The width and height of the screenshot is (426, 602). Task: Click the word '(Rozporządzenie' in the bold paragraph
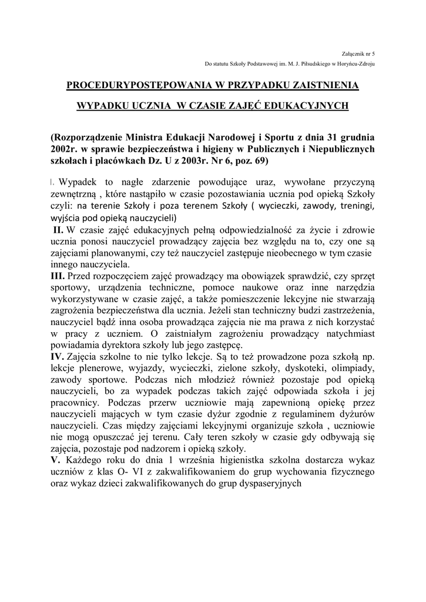[x=89, y=138]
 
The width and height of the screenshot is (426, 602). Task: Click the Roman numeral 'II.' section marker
[x=60, y=230]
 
